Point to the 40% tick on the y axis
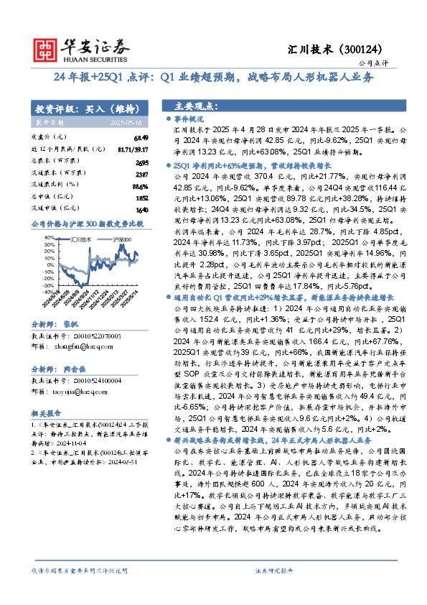(53, 236)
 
